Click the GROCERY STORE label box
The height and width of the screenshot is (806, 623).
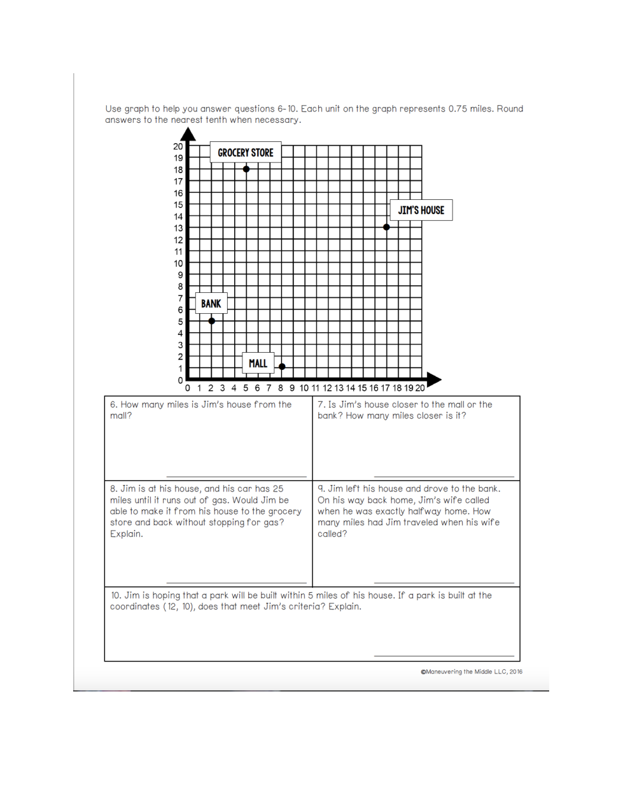tap(246, 153)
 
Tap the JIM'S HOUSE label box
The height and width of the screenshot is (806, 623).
tap(421, 210)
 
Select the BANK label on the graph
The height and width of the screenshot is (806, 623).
tap(211, 304)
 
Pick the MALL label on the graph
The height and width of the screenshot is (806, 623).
tap(258, 363)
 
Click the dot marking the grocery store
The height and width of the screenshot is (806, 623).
tap(246, 169)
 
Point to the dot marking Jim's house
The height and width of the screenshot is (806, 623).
tap(386, 227)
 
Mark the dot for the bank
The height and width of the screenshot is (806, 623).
tap(212, 321)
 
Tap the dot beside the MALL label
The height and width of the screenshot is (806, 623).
tap(282, 367)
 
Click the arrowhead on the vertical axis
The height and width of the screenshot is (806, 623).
tap(188, 134)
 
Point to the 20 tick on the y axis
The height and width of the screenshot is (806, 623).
tap(178, 146)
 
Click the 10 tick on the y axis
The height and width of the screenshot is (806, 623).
tap(178, 264)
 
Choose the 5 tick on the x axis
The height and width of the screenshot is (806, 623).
tap(246, 388)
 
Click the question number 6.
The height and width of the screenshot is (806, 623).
tap(113, 405)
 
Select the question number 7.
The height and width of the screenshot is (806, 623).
tap(321, 405)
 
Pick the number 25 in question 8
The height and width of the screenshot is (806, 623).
tap(278, 489)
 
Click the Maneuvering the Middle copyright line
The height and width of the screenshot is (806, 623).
tap(472, 672)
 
